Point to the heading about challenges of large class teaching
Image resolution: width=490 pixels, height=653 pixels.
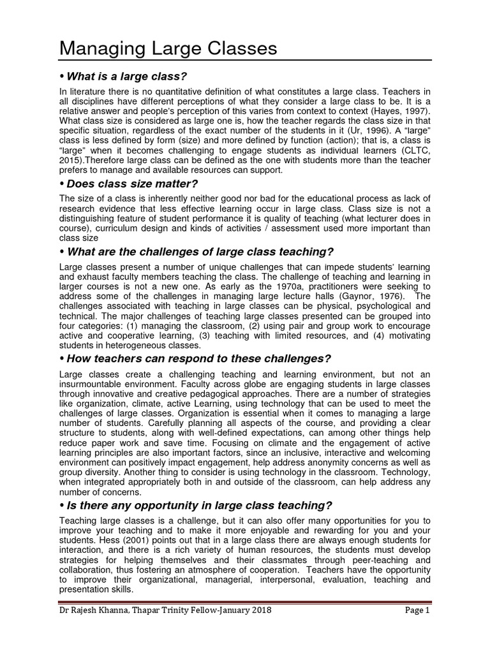pos(197,251)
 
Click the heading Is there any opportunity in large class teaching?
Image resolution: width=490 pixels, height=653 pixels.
pos(195,506)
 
